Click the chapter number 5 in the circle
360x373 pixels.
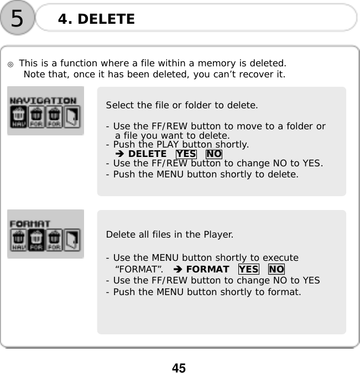17,19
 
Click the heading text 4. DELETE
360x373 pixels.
96,19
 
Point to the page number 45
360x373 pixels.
179,367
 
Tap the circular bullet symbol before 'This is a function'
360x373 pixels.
11,64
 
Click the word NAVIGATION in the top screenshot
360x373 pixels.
44,101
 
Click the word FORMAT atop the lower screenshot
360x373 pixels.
30,224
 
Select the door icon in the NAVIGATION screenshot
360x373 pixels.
73,117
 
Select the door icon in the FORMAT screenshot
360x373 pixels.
73,239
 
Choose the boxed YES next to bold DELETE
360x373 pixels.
186,154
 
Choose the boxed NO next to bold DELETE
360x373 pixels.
213,154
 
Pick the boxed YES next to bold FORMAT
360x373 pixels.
249,269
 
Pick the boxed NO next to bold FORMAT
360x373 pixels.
276,269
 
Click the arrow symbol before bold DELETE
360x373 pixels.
120,154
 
